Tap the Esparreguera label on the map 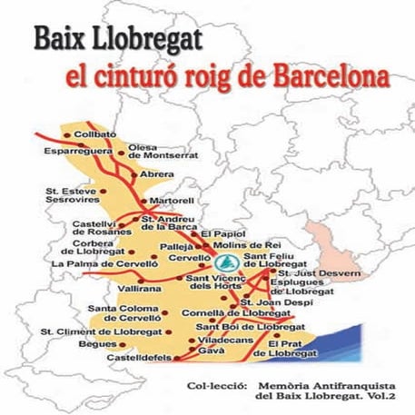click(75, 152)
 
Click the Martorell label click(173, 199)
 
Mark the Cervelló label click(189, 259)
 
